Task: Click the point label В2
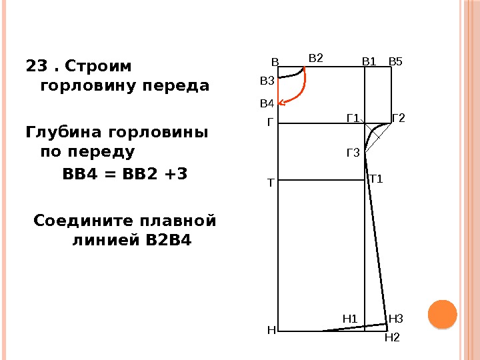pyautogui.click(x=315, y=58)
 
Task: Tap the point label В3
pyautogui.click(x=267, y=81)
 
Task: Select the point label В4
pyautogui.click(x=267, y=104)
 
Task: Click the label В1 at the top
pyautogui.click(x=369, y=62)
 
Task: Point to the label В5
pyautogui.click(x=395, y=62)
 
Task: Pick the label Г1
pyautogui.click(x=353, y=119)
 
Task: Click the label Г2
pyautogui.click(x=399, y=119)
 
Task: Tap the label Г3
pyautogui.click(x=353, y=153)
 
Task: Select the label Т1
pyautogui.click(x=376, y=179)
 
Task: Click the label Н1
pyautogui.click(x=350, y=319)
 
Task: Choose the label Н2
pyautogui.click(x=392, y=338)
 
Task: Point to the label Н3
pyautogui.click(x=396, y=319)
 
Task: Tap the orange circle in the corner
pyautogui.click(x=441, y=314)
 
